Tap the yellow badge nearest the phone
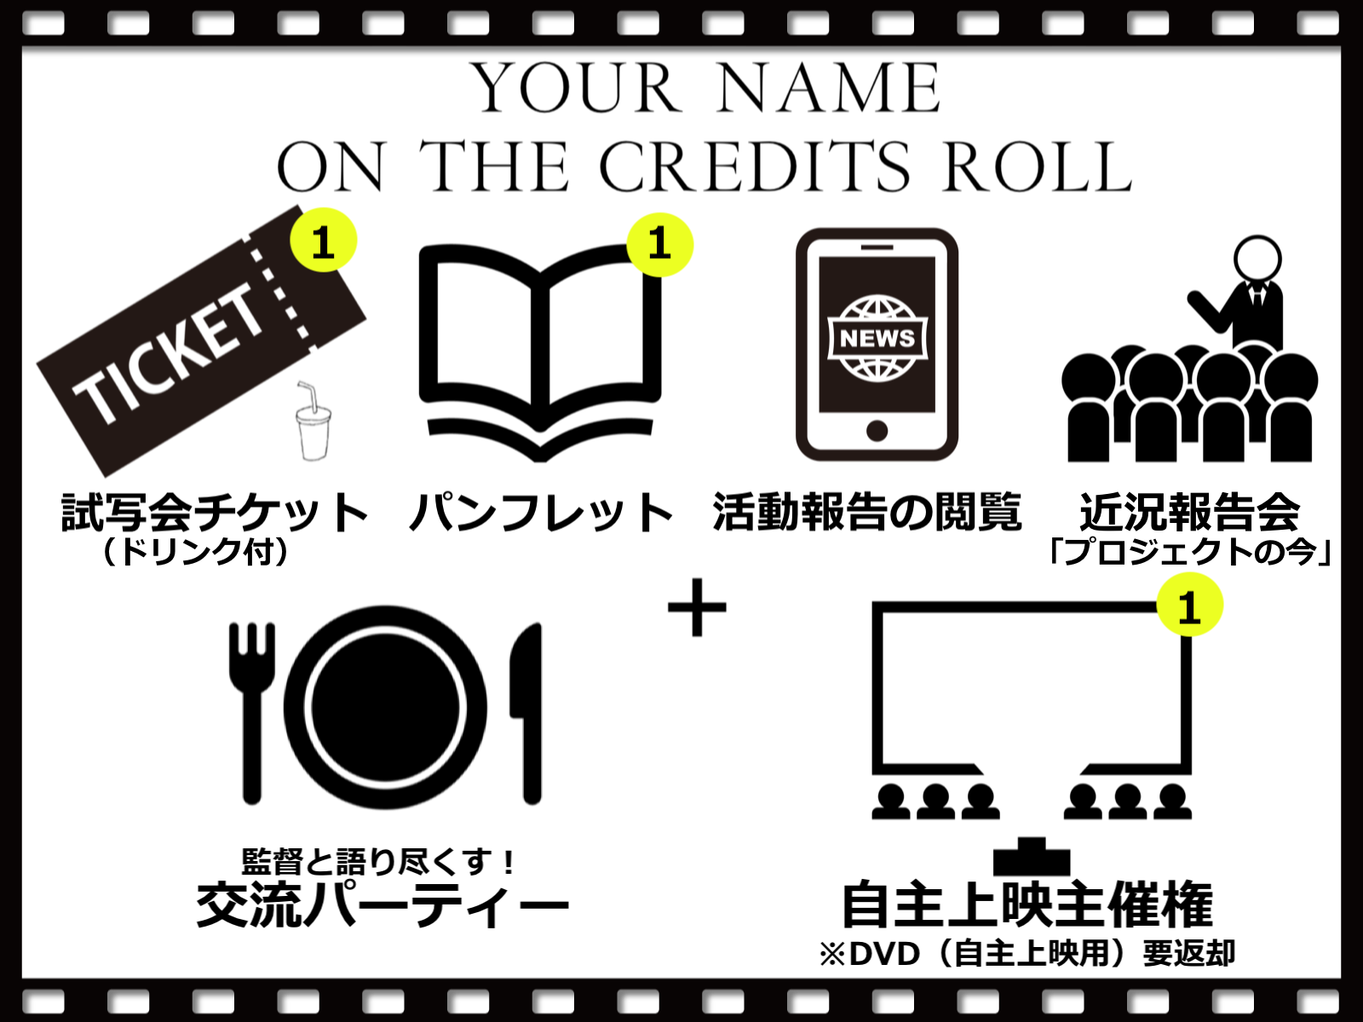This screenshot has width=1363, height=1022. click(x=660, y=244)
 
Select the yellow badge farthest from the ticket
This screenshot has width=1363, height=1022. click(x=1190, y=604)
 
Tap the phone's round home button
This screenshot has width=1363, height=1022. click(x=877, y=431)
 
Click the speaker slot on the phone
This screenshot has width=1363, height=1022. click(x=877, y=248)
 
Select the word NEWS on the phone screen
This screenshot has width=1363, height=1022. click(x=877, y=338)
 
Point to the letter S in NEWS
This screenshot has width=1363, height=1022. click(x=906, y=338)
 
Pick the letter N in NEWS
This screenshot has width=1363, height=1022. click(x=848, y=338)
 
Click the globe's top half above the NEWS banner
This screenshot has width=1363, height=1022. click(x=877, y=307)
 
